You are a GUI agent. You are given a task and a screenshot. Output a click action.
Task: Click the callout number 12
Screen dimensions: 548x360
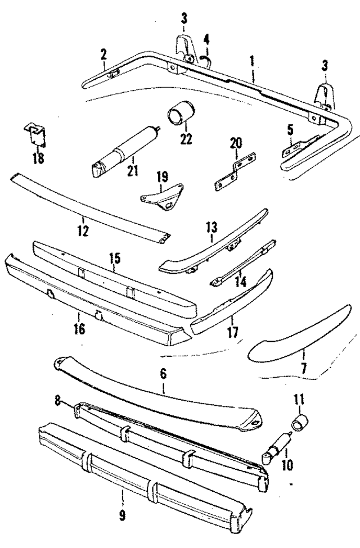click(83, 230)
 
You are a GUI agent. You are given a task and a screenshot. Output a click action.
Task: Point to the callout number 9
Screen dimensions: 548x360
click(123, 515)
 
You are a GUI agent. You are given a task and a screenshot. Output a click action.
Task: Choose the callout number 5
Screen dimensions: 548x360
click(290, 130)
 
